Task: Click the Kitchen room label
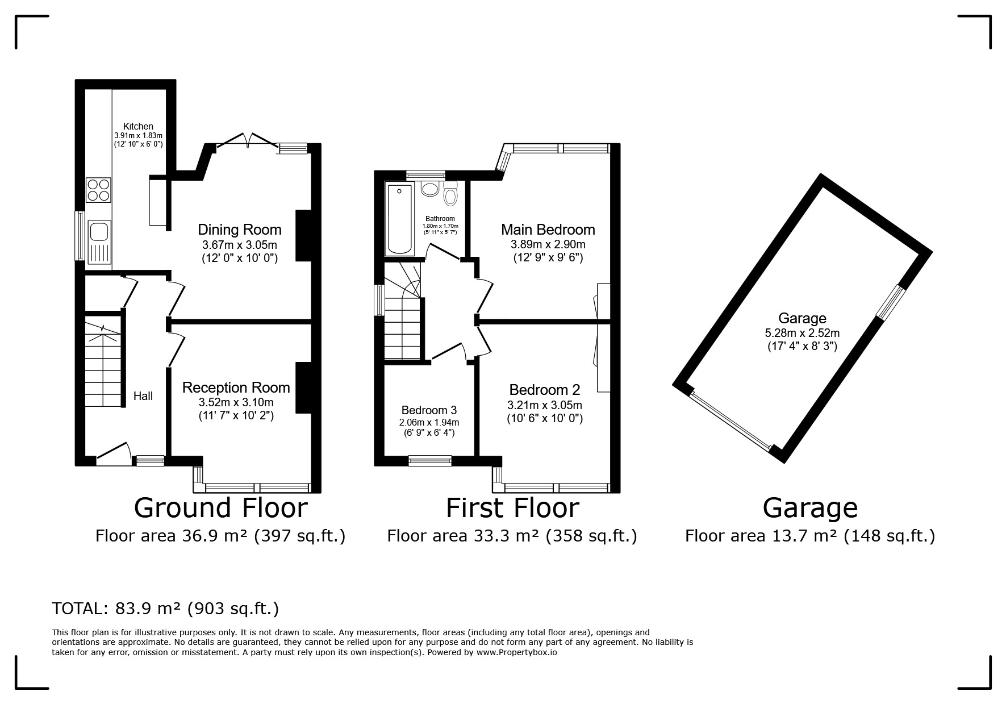(x=139, y=126)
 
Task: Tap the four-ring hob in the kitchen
(x=98, y=190)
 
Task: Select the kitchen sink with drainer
(x=99, y=242)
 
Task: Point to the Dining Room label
(x=240, y=230)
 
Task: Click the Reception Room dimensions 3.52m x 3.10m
(x=236, y=402)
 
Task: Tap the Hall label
(x=143, y=396)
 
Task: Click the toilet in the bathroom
(x=450, y=193)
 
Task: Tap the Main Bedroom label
(x=548, y=230)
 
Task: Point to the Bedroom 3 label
(x=429, y=410)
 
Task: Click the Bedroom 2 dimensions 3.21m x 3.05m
(x=545, y=405)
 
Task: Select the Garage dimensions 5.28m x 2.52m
(x=802, y=333)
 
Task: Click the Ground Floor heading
(x=221, y=507)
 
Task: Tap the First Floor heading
(x=512, y=507)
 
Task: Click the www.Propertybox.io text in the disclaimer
(x=516, y=652)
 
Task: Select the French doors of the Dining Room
(x=247, y=140)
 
